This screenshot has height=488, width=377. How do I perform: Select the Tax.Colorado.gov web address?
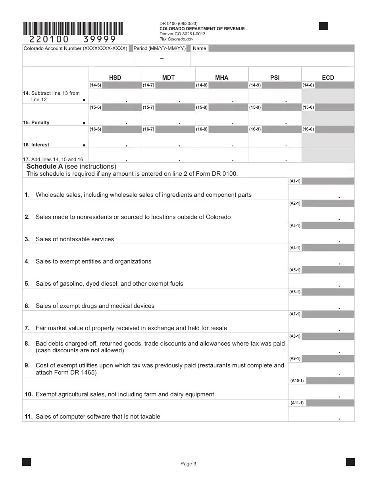tap(176, 39)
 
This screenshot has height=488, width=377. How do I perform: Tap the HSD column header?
tap(115, 78)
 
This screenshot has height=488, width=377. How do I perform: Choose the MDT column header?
tap(168, 78)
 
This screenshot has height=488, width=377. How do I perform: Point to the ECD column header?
tap(328, 78)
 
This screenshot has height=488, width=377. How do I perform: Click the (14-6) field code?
tap(95, 85)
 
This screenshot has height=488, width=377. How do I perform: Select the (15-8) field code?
tap(202, 108)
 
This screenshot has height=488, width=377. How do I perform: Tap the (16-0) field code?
tap(308, 129)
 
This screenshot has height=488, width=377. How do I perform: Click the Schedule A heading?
tap(71, 167)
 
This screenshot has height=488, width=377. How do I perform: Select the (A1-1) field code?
tap(295, 181)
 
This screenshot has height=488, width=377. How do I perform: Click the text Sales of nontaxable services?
tap(75, 239)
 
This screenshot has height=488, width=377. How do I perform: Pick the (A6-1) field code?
tap(295, 292)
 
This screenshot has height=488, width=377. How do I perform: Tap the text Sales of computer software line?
tap(98, 417)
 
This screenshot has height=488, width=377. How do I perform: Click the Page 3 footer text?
tap(188, 464)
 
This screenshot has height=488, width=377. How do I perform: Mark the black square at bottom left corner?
tap(27, 462)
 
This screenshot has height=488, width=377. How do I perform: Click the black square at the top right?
tap(323, 26)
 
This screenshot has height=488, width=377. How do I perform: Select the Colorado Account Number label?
tap(75, 48)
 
